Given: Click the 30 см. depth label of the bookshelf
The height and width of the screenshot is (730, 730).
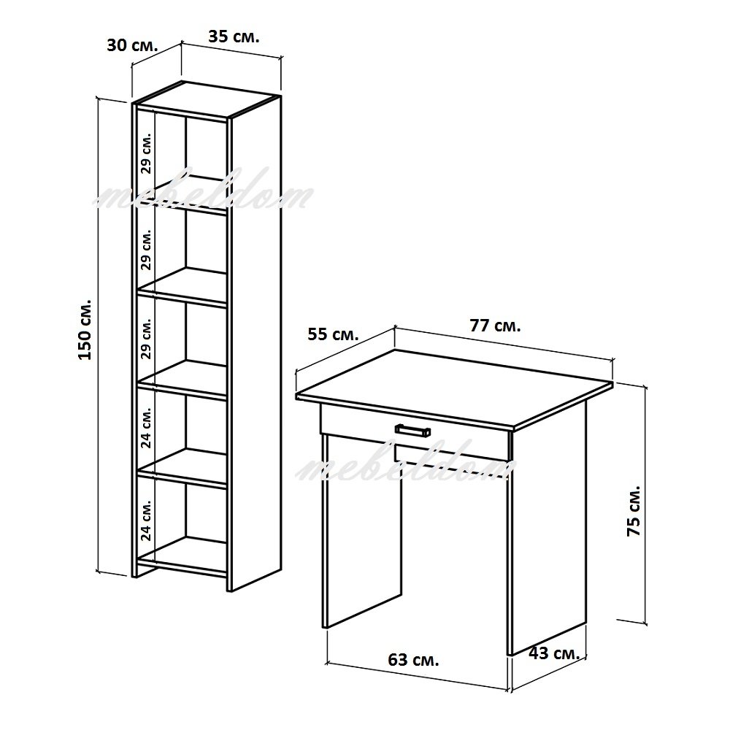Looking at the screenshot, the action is point(133,45).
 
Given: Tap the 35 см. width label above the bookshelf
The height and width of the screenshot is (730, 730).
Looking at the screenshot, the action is point(234,36).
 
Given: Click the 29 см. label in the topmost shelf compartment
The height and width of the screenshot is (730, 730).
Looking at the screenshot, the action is point(146,153).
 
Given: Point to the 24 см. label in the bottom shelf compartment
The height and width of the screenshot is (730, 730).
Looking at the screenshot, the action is point(146,520).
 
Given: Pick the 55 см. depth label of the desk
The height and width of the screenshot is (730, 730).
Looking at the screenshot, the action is point(334,334).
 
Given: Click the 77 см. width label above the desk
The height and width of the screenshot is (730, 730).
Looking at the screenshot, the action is point(496,326).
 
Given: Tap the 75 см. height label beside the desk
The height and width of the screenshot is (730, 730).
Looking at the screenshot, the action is point(634,511).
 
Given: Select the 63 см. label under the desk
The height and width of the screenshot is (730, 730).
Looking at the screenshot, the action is point(413,659).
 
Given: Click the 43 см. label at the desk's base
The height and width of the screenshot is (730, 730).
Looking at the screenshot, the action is point(554,653).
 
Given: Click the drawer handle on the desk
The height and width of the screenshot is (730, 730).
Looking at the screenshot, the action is point(412,430).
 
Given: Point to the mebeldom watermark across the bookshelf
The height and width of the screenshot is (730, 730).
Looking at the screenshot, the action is point(203,190).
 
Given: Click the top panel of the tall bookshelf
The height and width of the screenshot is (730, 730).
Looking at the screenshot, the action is point(207,99).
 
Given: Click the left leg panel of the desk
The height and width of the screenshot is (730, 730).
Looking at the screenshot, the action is point(362,531).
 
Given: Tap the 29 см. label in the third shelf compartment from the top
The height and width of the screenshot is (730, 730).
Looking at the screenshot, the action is point(146,338).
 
